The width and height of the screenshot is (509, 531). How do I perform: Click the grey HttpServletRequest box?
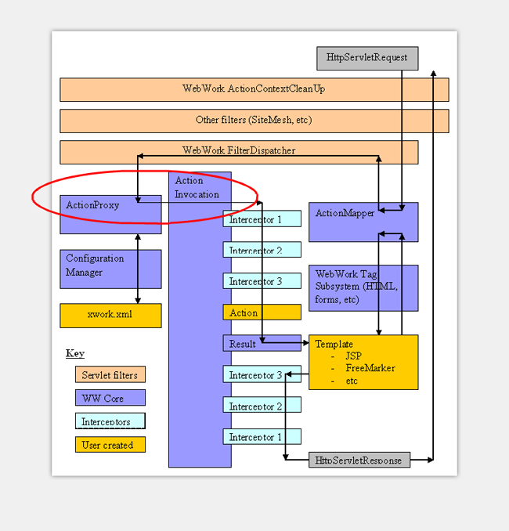coord(367,58)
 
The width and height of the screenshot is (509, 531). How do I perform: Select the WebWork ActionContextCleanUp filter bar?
coord(254,89)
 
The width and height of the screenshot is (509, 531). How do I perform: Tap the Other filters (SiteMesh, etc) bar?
coord(254,121)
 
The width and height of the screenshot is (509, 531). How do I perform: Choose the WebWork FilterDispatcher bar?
coord(239,151)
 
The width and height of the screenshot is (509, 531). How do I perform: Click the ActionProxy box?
coord(110,215)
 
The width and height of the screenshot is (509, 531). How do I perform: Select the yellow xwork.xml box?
coord(110,315)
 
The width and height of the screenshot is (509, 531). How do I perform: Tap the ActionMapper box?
coord(363,222)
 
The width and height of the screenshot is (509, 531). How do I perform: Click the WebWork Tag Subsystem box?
coord(363,287)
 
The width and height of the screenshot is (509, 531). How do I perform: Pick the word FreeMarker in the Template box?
coord(370,367)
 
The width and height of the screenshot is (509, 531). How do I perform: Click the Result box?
coord(262,343)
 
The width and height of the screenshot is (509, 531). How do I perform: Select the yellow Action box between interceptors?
coord(262,312)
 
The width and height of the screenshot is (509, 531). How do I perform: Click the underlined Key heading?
coord(75,354)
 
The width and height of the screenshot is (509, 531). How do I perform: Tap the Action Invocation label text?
coord(197,187)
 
